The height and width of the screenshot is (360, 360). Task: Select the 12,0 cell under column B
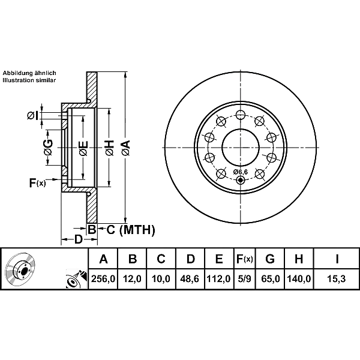pyautogui.click(x=133, y=279)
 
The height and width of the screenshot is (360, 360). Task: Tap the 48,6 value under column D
pyautogui.click(x=190, y=279)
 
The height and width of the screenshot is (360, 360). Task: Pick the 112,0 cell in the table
pyautogui.click(x=219, y=279)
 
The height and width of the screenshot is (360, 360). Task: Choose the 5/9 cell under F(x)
pyautogui.click(x=244, y=279)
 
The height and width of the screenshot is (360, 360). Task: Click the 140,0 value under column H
pyautogui.click(x=299, y=279)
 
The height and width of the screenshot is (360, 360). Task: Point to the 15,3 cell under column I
pyautogui.click(x=337, y=279)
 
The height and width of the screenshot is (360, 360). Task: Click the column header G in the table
pyautogui.click(x=270, y=259)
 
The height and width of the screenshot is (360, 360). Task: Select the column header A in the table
pyautogui.click(x=103, y=259)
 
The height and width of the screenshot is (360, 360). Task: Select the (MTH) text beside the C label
pyautogui.click(x=137, y=229)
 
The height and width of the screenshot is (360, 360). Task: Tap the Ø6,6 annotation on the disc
pyautogui.click(x=240, y=172)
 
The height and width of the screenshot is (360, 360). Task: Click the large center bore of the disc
pyautogui.click(x=240, y=148)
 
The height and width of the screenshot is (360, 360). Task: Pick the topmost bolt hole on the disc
pyautogui.click(x=240, y=115)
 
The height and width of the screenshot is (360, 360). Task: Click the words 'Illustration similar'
pyautogui.click(x=29, y=79)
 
